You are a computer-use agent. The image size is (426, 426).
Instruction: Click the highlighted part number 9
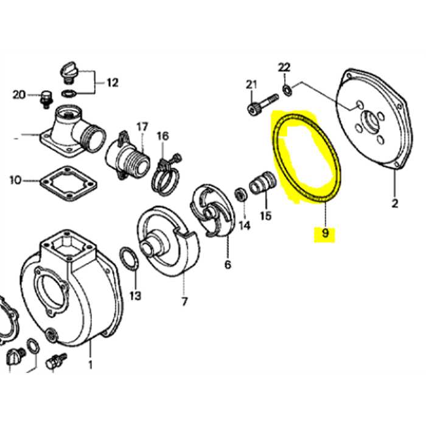(x=324, y=233)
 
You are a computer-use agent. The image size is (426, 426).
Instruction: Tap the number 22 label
(x=285, y=67)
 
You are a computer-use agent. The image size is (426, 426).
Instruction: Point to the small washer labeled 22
(x=287, y=91)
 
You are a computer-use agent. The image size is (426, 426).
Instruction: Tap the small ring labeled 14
(x=240, y=196)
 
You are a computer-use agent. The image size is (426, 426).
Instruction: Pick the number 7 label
(x=184, y=301)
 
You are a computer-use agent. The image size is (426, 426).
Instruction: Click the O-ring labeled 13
(x=128, y=260)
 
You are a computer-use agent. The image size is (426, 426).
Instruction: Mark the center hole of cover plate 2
(x=368, y=119)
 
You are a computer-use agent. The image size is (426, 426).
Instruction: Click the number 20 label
(x=18, y=94)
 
